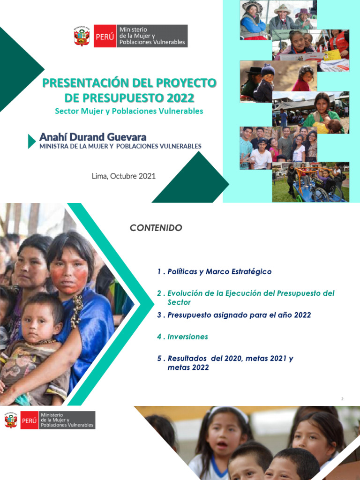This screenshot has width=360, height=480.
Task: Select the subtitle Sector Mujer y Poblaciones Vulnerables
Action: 129,112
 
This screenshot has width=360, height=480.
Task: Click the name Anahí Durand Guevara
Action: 93,137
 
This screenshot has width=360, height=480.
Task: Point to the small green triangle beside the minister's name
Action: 31,141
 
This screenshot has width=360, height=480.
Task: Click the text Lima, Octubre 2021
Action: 124,176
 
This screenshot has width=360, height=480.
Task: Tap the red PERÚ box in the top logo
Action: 105,36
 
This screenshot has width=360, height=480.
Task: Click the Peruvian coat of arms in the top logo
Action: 82,36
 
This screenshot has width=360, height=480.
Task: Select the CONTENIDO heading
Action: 156,228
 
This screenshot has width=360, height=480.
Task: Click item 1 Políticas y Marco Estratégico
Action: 214,272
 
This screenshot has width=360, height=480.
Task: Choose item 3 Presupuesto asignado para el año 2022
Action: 234,315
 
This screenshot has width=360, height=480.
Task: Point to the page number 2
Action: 342,399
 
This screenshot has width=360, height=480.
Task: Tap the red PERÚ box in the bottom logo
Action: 29,420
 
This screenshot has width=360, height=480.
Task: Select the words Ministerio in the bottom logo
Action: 52,415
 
